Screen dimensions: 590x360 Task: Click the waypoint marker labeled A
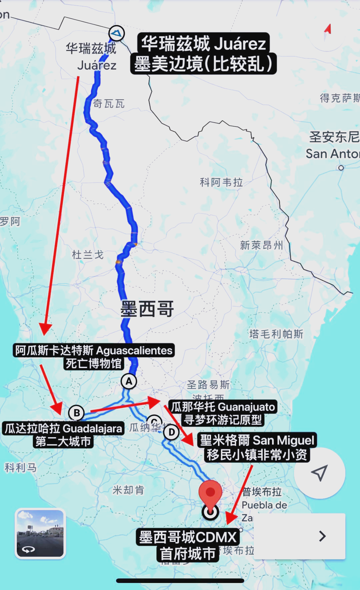129,381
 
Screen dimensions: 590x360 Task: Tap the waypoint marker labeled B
76,413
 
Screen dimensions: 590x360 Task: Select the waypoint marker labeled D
171,432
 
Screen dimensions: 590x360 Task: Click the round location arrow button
319,473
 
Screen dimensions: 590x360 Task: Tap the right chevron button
322,536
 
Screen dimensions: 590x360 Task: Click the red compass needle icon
328,30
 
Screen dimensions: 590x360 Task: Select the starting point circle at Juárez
117,33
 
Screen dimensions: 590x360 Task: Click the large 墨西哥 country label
147,309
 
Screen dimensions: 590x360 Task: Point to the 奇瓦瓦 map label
109,104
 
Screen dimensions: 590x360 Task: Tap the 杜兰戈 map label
88,255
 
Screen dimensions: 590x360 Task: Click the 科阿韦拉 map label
221,182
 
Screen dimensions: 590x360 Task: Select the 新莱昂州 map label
261,246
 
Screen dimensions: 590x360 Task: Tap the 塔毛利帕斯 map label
276,334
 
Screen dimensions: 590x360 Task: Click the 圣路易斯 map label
208,385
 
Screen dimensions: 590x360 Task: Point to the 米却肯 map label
128,490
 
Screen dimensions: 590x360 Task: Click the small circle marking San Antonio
341,168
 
